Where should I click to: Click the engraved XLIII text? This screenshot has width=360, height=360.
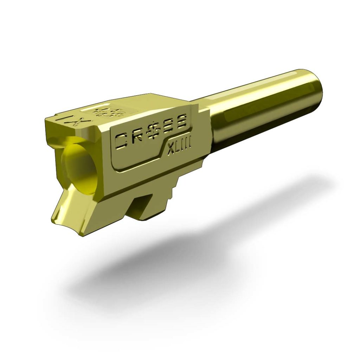click(x=179, y=145)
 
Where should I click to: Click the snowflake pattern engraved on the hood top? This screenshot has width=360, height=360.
click(x=108, y=112)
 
